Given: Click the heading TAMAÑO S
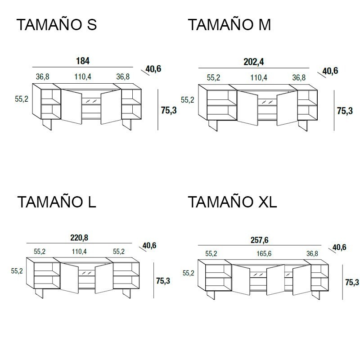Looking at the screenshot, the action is tap(57, 24).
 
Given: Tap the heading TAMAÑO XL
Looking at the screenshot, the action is tap(233, 202).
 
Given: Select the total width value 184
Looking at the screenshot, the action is tap(83, 61).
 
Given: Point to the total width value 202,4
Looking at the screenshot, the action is tap(254, 62).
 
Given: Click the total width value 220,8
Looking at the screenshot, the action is tap(79, 238).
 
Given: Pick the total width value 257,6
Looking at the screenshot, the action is tap(260, 240).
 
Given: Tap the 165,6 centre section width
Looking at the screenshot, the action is tap(264, 253).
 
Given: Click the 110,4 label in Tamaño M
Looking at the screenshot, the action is tap(259, 77).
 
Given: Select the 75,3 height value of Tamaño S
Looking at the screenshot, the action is tap(169, 110).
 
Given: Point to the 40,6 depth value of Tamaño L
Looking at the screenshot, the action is tap(149, 245).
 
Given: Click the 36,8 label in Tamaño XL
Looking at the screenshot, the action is tap(312, 253).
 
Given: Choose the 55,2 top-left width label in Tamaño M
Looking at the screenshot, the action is tap(213, 77).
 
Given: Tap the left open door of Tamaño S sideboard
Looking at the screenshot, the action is tap(72, 107).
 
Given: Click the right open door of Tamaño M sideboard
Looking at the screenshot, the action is tap(287, 108).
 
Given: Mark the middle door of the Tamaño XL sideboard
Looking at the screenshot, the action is tap(275, 280).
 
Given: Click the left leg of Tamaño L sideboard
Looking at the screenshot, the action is tap(40, 293).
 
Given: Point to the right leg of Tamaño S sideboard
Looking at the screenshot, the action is tap(127, 125).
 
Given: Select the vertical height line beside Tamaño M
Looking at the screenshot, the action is tap(334, 110).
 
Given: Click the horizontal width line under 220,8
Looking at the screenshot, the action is tap(79, 243).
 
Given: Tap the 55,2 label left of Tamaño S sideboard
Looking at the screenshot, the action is tap(22, 99).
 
